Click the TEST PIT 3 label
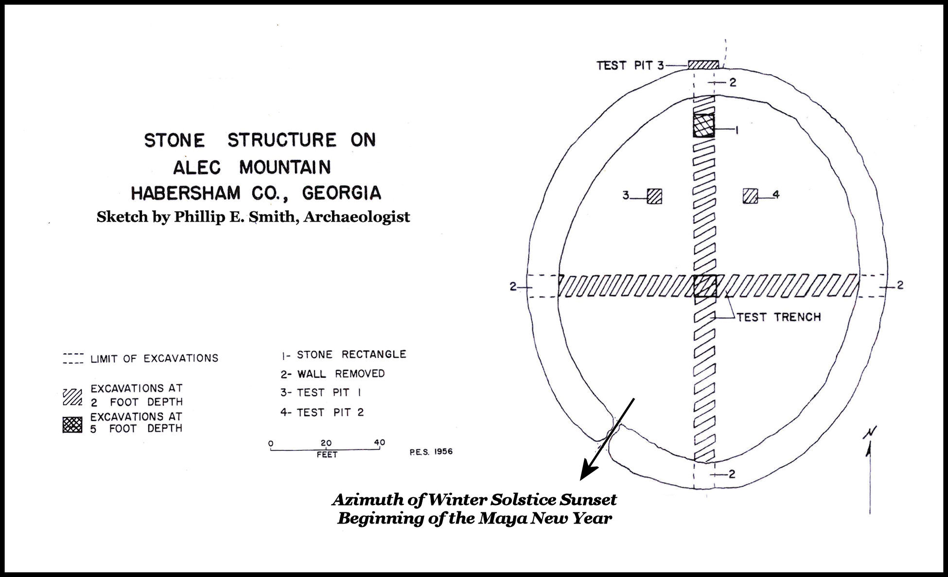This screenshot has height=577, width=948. click(630, 65)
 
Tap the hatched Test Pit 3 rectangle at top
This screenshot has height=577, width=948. click(703, 65)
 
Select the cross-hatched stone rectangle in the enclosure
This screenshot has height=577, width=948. click(704, 125)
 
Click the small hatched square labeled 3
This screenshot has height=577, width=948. click(654, 196)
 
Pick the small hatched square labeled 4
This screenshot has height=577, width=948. click(750, 195)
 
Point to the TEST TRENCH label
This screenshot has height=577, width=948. click(779, 317)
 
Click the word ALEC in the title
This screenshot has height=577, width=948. click(197, 167)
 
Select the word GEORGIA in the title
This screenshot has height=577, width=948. click(341, 193)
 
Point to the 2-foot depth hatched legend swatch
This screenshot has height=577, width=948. click(72, 397)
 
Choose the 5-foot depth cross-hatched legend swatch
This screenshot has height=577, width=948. click(72, 424)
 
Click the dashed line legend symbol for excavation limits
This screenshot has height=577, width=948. click(73, 358)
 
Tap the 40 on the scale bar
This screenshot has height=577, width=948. click(379, 442)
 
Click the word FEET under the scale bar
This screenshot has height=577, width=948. click(327, 455)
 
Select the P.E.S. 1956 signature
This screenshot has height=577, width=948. click(431, 452)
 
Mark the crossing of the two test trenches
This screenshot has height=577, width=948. click(704, 286)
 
